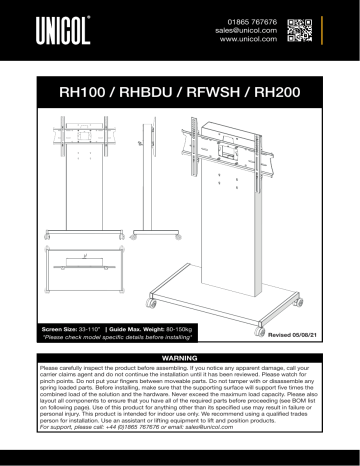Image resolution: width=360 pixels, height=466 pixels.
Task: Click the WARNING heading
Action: [179, 357]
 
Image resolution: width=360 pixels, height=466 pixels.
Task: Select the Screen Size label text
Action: [65, 328]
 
